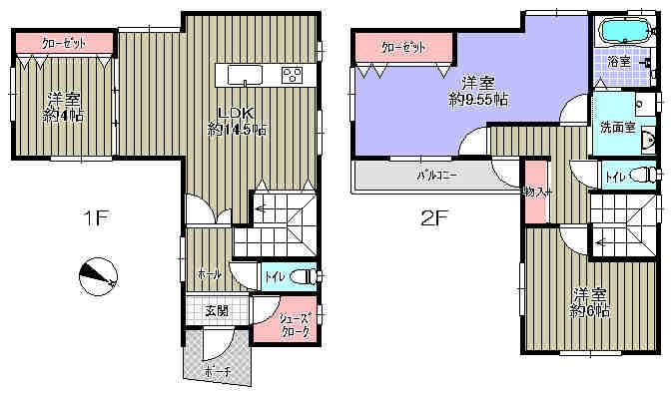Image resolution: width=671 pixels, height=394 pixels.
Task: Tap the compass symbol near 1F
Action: tap(98, 274)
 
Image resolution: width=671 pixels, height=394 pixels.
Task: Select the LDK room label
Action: tap(236, 113)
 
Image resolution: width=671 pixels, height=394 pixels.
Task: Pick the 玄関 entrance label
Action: tap(217, 310)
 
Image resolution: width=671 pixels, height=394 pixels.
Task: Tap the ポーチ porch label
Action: tap(217, 371)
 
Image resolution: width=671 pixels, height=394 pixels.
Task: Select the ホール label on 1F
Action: tap(209, 274)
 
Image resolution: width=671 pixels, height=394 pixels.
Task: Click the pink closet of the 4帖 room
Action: tap(63, 43)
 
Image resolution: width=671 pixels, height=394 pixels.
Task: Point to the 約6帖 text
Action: tap(591, 310)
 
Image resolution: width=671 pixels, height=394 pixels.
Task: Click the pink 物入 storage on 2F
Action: tap(535, 191)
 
